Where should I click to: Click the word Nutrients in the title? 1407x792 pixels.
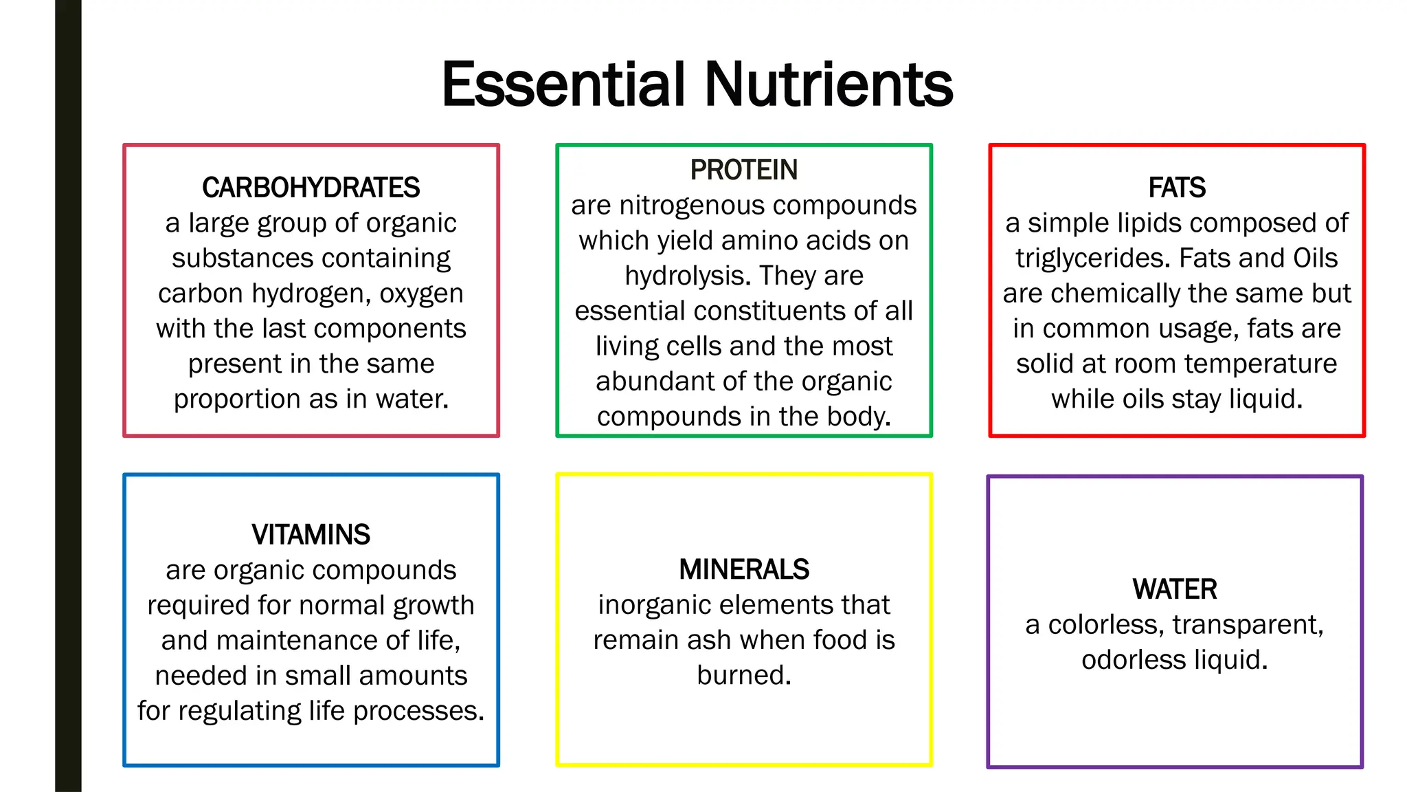829,85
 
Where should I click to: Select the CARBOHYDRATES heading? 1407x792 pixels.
311,188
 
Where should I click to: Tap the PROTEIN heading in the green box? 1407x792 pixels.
743,170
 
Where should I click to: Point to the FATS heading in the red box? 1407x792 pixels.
1176,188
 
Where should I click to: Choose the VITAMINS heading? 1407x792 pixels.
311,535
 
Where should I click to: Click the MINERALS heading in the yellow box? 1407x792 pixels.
743,569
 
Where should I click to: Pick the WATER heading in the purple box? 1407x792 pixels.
1175,589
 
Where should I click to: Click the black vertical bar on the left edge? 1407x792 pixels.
68,396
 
